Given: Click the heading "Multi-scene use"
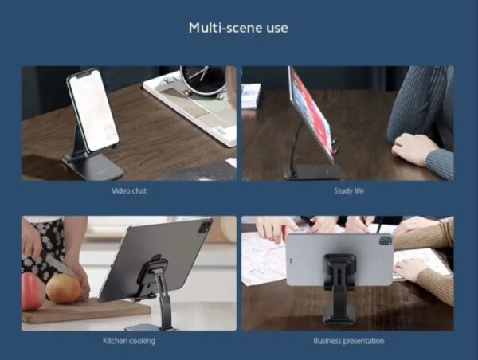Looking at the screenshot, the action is [238, 28].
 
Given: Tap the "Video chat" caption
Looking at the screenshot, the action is [128, 191].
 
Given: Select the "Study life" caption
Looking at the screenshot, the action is [349, 191].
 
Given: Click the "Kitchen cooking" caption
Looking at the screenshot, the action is [129, 341].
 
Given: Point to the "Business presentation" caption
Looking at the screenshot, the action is [349, 341].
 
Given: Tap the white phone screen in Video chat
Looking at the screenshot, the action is [93, 109].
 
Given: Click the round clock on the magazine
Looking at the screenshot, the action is [202, 80].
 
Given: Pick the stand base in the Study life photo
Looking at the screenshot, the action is [311, 172].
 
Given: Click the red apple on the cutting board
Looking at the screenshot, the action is [33, 292].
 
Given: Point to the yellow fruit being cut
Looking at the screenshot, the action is [62, 288].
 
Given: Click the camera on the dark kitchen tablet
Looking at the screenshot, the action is [205, 226].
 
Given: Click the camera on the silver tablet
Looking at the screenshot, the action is [386, 241].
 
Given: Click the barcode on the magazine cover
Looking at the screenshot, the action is [221, 131].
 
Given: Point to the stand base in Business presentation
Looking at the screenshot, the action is [339, 315].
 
